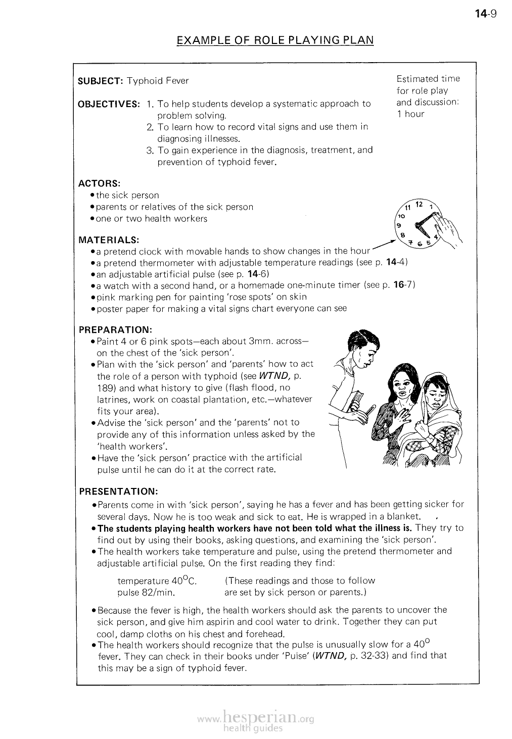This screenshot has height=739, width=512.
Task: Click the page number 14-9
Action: click(487, 14)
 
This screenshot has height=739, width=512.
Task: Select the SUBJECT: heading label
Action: click(101, 81)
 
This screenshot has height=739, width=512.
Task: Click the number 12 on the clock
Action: click(418, 205)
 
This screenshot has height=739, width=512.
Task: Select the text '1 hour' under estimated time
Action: click(410, 114)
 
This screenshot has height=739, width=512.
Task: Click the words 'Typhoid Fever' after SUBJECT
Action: click(158, 81)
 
